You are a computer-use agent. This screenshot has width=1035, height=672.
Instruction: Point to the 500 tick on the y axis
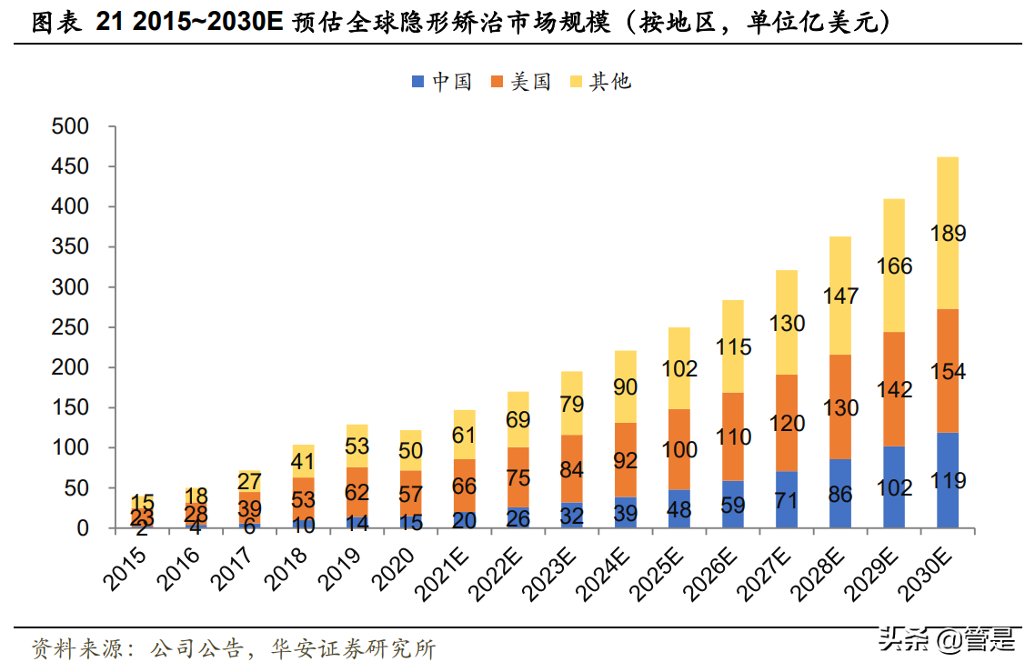(70, 127)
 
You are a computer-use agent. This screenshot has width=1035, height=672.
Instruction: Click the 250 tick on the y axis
(70, 327)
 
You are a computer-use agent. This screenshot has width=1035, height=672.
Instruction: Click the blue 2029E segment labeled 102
(893, 487)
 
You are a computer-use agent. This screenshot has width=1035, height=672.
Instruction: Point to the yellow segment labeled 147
(840, 296)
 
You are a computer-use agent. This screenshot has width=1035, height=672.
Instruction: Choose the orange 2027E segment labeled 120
(786, 423)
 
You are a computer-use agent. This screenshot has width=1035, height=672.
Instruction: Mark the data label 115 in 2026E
(733, 346)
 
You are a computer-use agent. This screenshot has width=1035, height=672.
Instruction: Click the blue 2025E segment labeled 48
(678, 509)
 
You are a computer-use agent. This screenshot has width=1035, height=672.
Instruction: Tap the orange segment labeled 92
(626, 460)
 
